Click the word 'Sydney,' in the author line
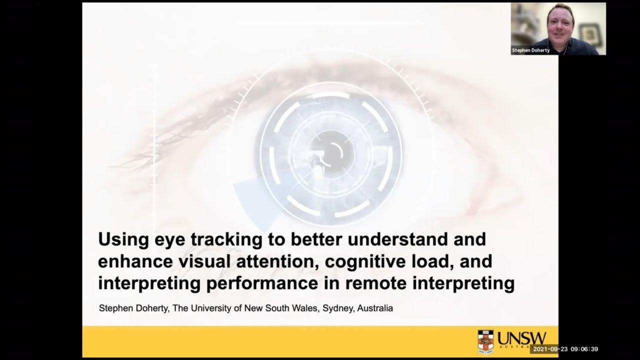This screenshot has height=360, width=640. [x=338, y=308]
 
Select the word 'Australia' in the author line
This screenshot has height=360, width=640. [x=375, y=308]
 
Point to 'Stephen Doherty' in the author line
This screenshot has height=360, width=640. [x=134, y=308]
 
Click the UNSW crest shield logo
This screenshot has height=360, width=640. [x=485, y=341]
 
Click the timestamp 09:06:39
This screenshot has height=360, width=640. [x=584, y=349]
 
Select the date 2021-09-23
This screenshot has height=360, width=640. [x=550, y=349]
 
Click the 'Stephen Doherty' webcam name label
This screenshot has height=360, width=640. [x=530, y=50]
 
